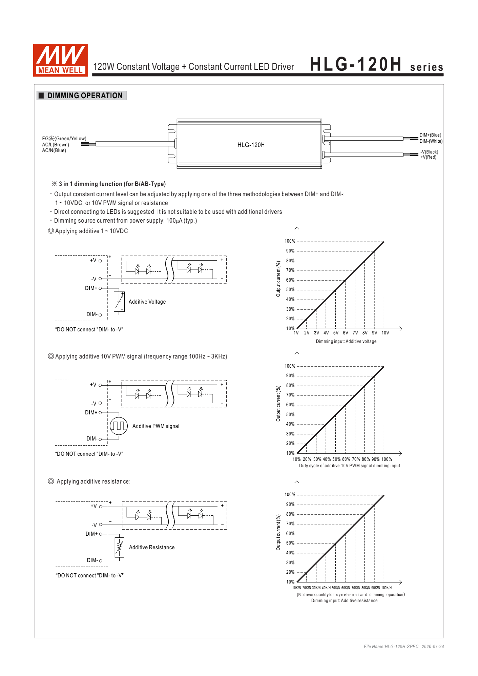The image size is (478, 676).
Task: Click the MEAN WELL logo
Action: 60,60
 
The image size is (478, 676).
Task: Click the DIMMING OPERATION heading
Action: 85,96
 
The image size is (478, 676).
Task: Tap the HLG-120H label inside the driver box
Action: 251,145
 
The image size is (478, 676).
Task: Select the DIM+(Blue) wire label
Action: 430,135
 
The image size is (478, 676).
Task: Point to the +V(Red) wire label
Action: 428,157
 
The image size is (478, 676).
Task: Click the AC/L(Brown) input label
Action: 56,145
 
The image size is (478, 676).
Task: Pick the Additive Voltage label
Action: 147,302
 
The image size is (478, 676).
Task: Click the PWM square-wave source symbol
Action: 119,426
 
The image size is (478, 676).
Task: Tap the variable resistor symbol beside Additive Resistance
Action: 119,547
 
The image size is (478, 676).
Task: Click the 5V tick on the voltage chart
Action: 335,333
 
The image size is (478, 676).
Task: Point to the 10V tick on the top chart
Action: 385,333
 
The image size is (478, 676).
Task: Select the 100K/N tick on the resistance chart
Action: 386,588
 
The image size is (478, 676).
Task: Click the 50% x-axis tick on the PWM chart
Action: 336,459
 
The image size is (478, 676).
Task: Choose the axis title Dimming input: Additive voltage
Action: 346,342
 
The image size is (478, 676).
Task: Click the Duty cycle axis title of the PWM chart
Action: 349,466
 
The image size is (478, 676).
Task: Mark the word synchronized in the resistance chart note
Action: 351,595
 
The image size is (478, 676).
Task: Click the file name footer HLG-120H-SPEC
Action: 391,647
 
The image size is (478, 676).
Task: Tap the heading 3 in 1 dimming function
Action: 112,184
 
